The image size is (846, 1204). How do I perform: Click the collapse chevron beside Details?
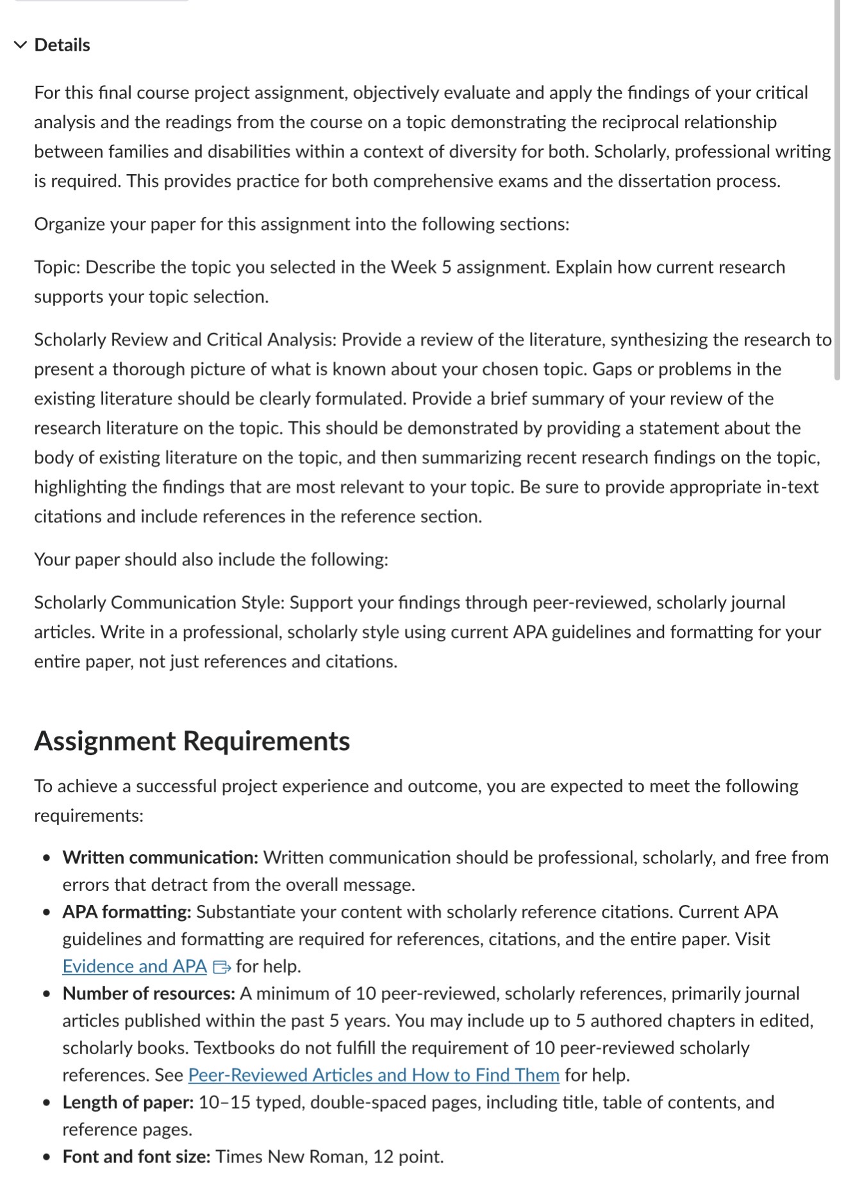coord(21,45)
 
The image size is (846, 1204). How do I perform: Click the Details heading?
coord(62,45)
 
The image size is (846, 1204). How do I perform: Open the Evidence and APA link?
coord(135,966)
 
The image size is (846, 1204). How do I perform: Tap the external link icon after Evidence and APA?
coord(222,966)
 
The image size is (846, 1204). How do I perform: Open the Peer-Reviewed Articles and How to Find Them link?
coord(374,1075)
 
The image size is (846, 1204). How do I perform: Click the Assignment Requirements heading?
coord(192,740)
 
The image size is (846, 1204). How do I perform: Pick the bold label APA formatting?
coord(127,911)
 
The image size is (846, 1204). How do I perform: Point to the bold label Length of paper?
coord(128,1102)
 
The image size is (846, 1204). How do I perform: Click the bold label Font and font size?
coord(137,1157)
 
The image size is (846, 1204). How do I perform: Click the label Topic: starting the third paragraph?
coord(57,267)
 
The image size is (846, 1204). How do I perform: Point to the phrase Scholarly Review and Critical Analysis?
coord(185,339)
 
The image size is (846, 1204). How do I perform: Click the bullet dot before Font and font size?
coord(46,1157)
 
